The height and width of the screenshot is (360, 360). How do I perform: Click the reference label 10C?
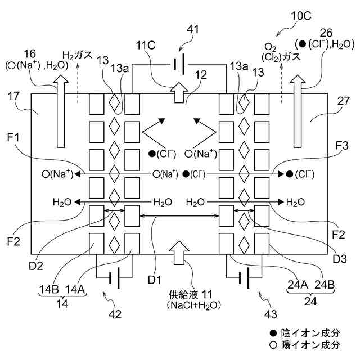301,16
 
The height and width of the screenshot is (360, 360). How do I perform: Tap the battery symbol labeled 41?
179,64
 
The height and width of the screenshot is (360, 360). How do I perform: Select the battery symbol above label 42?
114,277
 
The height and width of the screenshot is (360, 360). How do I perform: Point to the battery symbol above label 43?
244,277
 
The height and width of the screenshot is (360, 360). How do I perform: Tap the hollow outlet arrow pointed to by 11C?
179,92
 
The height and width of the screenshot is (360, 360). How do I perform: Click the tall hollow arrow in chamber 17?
61,111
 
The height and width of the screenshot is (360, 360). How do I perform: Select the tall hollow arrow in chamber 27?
298,111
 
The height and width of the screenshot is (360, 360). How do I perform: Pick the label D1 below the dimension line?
155,280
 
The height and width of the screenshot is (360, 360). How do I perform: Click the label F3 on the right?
342,146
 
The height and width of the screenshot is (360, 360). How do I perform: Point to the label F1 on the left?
13,137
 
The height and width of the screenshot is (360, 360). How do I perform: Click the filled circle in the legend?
273,333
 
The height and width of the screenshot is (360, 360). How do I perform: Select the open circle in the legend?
273,345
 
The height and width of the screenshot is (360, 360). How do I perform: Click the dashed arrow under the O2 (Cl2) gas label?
281,83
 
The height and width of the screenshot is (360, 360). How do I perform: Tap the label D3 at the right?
340,259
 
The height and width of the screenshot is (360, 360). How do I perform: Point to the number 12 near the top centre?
201,75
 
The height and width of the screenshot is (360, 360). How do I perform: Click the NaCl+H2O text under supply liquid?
194,305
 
